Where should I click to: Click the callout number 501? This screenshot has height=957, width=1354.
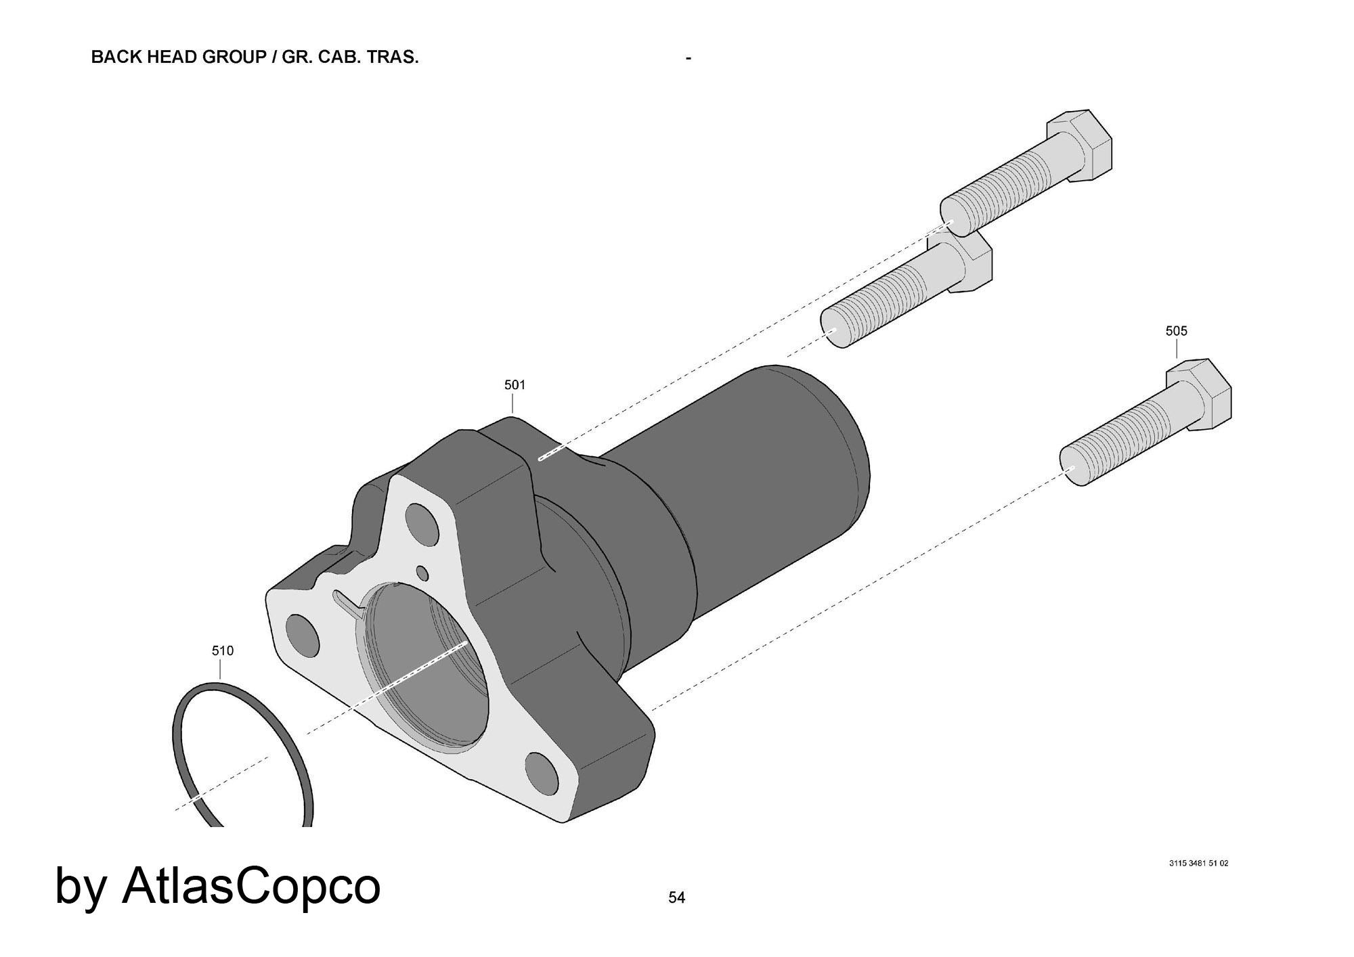coord(515,385)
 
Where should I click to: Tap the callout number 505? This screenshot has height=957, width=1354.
coord(1176,331)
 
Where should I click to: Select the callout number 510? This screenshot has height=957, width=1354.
coord(223,651)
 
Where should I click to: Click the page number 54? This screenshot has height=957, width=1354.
coord(677,897)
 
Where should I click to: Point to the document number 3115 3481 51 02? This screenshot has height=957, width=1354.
coord(1198,864)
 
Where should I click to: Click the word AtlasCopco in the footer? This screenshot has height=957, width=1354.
coord(251,886)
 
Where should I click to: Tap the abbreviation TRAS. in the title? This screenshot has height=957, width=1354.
coord(393,57)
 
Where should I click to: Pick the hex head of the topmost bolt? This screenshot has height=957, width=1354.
coord(1080,145)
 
